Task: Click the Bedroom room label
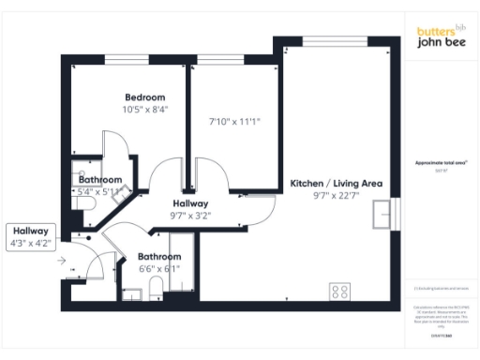(145, 97)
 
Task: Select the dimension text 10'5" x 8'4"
(145, 110)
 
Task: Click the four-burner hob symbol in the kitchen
(339, 291)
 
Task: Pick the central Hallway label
(190, 203)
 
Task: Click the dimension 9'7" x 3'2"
(190, 216)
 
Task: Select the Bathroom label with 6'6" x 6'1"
(159, 257)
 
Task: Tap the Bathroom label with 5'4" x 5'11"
(100, 180)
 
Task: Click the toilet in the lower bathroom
(133, 293)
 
